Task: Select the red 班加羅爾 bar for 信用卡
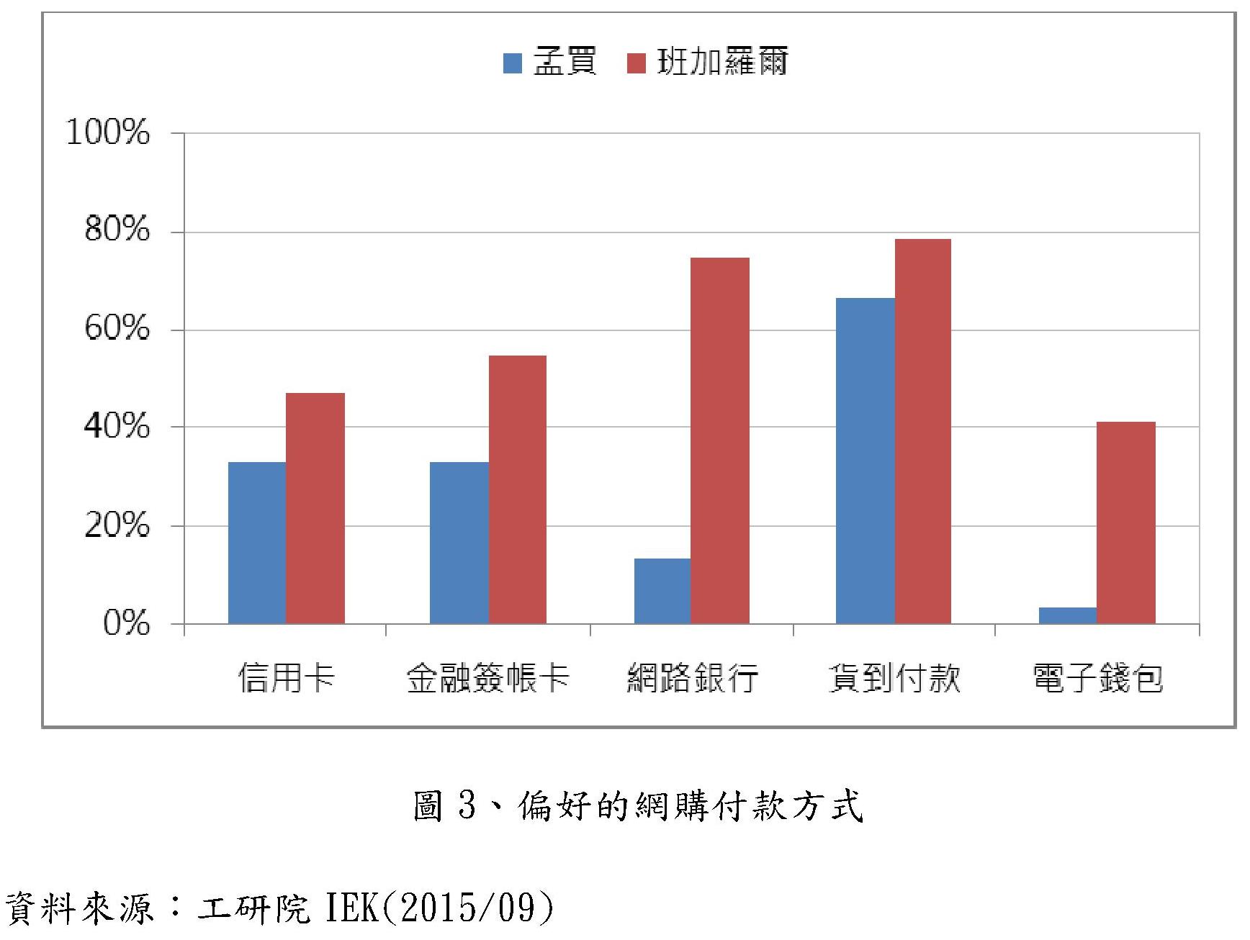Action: tap(315, 507)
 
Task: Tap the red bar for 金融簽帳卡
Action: tap(517, 489)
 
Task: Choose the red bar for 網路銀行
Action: tap(719, 440)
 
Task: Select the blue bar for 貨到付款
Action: tap(865, 460)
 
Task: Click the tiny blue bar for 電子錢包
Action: tap(1067, 615)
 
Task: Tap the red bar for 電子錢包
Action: tap(1125, 522)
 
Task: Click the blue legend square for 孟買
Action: tap(512, 63)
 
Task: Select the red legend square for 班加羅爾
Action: tap(637, 63)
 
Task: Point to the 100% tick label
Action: tap(108, 132)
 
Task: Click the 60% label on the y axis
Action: tap(117, 329)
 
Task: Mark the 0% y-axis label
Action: tap(126, 623)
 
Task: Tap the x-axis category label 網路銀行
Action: tap(692, 677)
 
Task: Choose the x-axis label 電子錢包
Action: tap(1097, 677)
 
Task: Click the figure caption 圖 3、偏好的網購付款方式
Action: tap(638, 805)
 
